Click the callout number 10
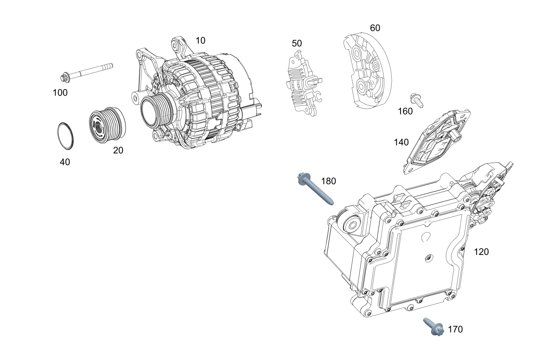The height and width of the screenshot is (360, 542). click(x=200, y=40)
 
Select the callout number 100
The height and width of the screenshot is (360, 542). click(x=60, y=92)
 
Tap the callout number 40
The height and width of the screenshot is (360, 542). click(x=65, y=162)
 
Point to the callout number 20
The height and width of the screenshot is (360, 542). click(x=118, y=150)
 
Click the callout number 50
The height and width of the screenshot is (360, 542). click(x=297, y=43)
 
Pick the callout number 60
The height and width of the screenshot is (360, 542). click(x=375, y=28)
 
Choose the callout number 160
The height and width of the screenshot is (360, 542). click(x=405, y=111)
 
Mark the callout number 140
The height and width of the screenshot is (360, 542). click(x=401, y=142)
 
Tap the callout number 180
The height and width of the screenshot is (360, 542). click(x=328, y=181)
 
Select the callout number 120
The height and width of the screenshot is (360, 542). click(x=481, y=252)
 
